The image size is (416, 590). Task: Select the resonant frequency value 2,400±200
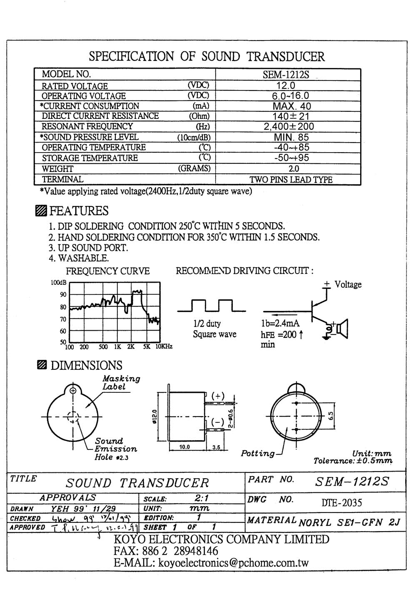(289, 127)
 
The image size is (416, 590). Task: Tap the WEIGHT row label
(57, 169)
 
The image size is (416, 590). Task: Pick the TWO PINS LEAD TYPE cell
(291, 180)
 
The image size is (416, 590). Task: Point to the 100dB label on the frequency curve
(58, 283)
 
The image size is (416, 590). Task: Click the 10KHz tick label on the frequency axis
(164, 346)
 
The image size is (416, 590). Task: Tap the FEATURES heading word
(79, 211)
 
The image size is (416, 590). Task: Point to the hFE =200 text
(279, 334)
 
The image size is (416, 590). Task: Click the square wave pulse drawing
(211, 306)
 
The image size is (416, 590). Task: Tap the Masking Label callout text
(121, 382)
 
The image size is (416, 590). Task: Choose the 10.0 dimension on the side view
(184, 447)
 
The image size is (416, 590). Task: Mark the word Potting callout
(258, 453)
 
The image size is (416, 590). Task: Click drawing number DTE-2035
(342, 502)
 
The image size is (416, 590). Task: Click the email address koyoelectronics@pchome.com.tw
(232, 562)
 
